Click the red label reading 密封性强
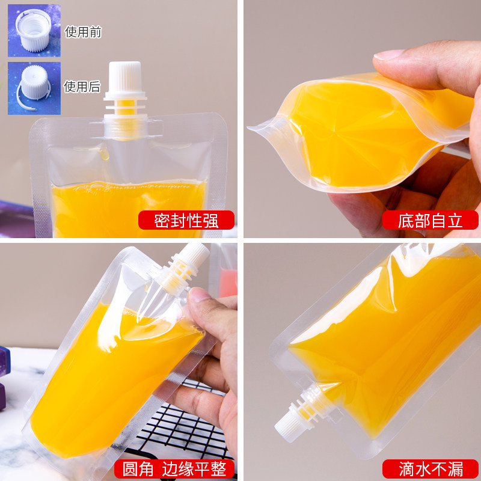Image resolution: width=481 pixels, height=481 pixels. pos(186,221)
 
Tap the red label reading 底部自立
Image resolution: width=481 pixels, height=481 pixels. pos(430,221)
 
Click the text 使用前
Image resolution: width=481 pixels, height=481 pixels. pos(83,32)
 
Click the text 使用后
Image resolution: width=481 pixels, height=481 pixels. pos(83,87)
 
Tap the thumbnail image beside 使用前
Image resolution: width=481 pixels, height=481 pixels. pos(34,31)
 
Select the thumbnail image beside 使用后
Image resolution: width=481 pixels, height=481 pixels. pos(34,88)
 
